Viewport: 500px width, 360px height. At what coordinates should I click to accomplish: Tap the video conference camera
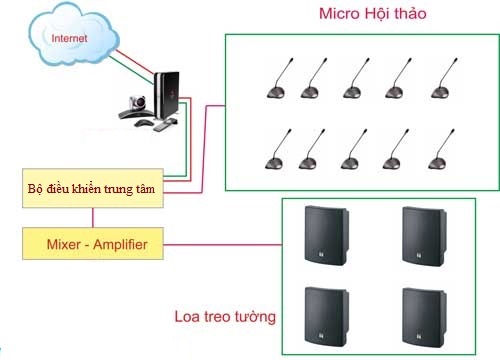click(137, 103)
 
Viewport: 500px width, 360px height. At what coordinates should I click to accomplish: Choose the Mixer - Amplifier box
click(91, 243)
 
